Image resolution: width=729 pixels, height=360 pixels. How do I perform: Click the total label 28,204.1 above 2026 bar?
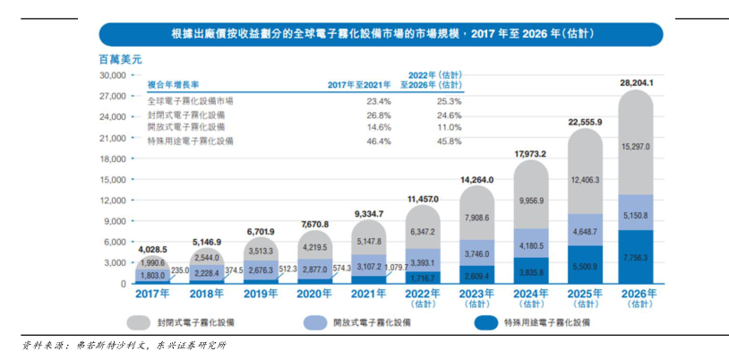(x=636, y=82)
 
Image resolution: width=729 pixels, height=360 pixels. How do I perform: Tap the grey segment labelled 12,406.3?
(x=585, y=180)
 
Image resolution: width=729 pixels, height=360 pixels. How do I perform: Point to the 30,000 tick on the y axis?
(x=111, y=76)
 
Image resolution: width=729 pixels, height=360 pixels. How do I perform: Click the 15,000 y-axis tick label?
(x=111, y=180)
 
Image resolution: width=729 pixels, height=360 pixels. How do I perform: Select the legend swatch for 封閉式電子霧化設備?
(x=139, y=321)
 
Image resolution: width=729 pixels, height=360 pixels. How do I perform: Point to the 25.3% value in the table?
(x=448, y=101)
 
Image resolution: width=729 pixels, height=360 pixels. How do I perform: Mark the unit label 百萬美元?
(x=119, y=59)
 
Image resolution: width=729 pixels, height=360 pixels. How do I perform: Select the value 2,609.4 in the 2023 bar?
(x=476, y=276)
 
